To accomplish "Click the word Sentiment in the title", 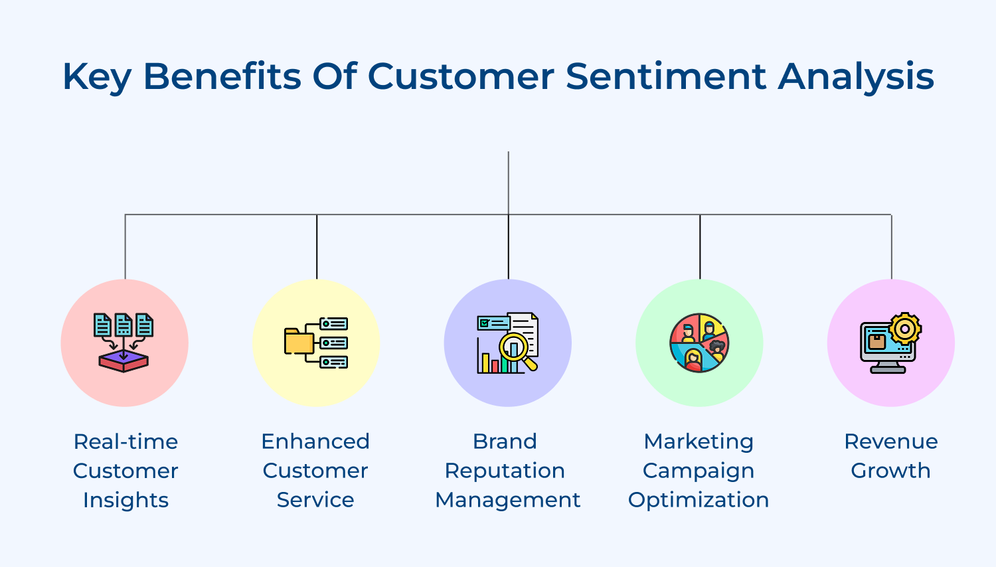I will (666, 76).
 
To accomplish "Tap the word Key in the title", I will (96, 77).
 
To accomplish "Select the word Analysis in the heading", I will (856, 77).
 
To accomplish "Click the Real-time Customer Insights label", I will (125, 470).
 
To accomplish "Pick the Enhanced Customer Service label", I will (315, 470).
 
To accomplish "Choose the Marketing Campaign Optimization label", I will (699, 470).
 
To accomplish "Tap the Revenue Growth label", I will (890, 456).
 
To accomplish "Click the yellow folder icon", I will (299, 341).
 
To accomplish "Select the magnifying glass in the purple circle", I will (515, 348).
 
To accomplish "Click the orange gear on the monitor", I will (904, 329).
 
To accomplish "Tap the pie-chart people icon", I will (699, 343).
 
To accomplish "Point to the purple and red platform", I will (124, 361).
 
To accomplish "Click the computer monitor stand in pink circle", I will (888, 367).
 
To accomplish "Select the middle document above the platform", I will (124, 325).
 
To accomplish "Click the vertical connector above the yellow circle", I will (317, 246).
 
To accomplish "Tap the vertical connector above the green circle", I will (700, 246).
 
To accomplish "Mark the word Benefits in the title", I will (222, 76).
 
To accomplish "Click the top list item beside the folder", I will (333, 324).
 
